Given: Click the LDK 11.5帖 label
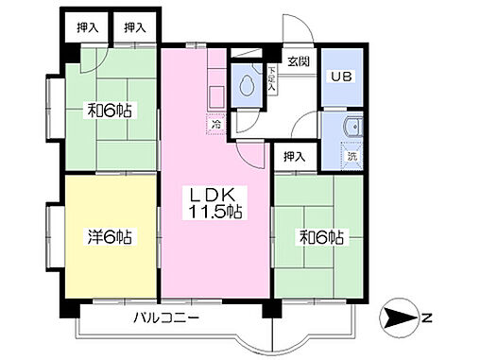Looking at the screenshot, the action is [213, 203].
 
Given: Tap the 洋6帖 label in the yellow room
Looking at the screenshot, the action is [110, 237].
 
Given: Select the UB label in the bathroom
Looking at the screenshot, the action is [341, 77].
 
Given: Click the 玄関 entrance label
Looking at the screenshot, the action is [299, 60].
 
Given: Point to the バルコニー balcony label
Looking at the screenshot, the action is [166, 317].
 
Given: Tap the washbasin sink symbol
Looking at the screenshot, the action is [354, 127].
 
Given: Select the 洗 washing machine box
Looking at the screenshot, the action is [351, 156].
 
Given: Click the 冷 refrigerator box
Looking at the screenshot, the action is [216, 124].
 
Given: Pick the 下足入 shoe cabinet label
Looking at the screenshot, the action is [271, 79].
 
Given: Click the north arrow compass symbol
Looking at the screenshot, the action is [399, 317].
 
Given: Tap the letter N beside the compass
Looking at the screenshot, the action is [426, 318].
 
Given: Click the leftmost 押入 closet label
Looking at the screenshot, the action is [88, 28].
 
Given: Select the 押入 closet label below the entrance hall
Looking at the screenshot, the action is [295, 157].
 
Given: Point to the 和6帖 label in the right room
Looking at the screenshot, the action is [321, 237].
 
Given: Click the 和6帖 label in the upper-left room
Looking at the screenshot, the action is [110, 111].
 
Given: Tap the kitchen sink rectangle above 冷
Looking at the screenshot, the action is [216, 96].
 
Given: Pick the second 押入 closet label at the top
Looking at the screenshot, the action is [135, 28].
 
